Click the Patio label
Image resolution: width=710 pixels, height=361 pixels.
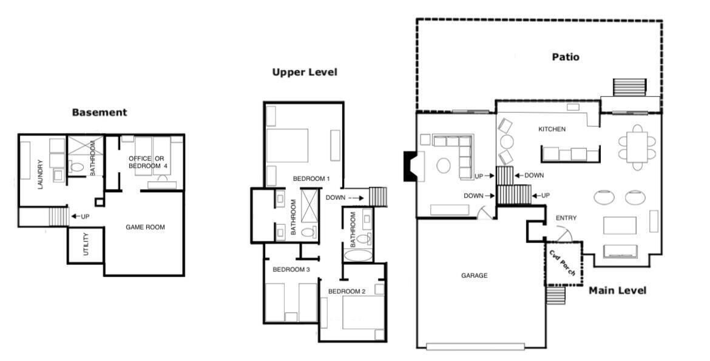click(566, 57)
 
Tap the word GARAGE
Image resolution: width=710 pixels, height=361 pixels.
click(475, 275)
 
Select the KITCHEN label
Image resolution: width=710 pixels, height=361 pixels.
click(552, 129)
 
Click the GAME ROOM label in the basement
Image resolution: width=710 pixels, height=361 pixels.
click(146, 227)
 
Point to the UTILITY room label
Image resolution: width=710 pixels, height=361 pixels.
click(86, 244)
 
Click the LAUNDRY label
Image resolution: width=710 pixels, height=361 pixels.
click(40, 174)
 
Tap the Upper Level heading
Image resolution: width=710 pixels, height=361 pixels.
click(305, 72)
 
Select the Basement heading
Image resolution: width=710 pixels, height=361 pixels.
click(100, 112)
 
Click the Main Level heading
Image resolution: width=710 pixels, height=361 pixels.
click(618, 291)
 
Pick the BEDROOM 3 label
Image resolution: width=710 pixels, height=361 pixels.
click(291, 269)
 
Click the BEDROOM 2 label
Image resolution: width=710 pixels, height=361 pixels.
click(347, 291)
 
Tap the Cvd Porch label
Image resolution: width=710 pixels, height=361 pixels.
click(562, 263)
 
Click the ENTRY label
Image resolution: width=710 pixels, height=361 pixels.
click(566, 218)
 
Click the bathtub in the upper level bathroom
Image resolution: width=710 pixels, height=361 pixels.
click(357, 255)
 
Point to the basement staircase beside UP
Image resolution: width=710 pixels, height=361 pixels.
click(58, 216)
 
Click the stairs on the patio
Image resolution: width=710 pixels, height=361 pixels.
click(629, 87)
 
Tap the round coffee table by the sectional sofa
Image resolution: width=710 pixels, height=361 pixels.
click(444, 165)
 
